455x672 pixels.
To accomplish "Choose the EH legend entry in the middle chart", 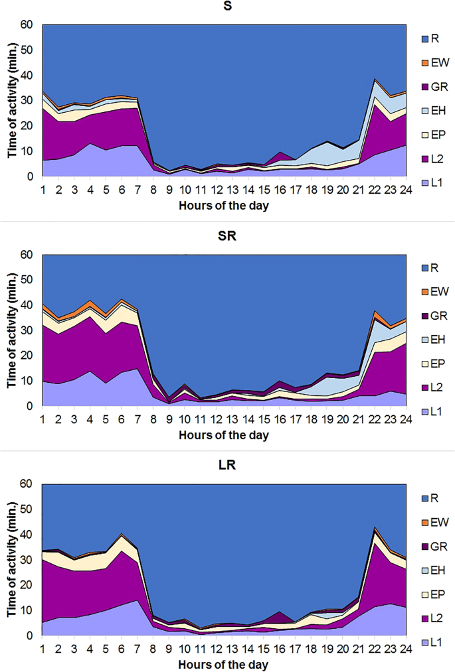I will pos(437,340).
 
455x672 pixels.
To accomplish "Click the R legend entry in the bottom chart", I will pos(434,492).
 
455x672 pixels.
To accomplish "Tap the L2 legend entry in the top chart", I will pos(436,155).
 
